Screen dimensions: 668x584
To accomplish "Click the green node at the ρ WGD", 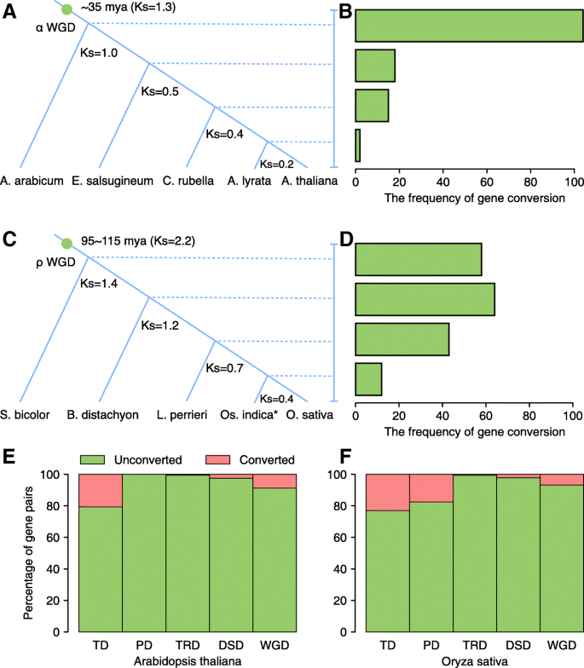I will pos(67,243).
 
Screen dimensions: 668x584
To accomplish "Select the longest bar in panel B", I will pos(469,26).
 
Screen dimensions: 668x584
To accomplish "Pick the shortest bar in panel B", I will pos(358,145).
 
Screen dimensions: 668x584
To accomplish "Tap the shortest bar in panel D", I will pos(368,378).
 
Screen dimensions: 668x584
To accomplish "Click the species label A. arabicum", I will pos(29,180).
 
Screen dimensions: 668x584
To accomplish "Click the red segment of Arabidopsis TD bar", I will pos(101,491).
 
